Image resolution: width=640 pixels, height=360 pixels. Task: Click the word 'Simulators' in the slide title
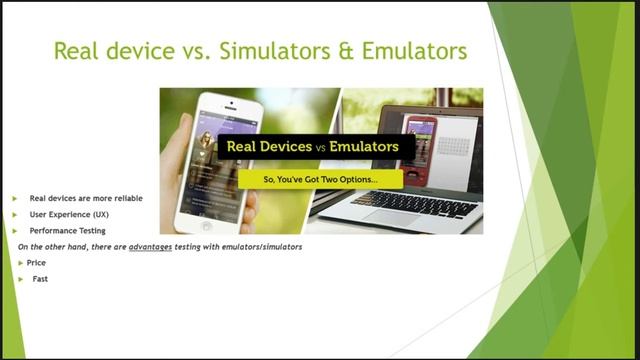[270, 50]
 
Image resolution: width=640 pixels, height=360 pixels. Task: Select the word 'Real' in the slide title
[79, 50]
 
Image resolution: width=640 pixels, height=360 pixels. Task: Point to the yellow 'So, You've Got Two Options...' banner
[320, 179]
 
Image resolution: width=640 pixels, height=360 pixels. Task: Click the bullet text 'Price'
[36, 262]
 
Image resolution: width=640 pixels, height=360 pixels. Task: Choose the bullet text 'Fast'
[40, 279]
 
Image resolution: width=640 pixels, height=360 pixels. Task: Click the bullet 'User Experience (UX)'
[69, 214]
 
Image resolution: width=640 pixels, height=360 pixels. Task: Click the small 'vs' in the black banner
[321, 147]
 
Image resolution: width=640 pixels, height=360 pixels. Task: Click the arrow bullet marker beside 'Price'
[20, 262]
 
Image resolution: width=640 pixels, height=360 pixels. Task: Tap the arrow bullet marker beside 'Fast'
[20, 279]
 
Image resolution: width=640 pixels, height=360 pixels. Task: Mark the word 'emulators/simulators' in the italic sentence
[263, 246]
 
